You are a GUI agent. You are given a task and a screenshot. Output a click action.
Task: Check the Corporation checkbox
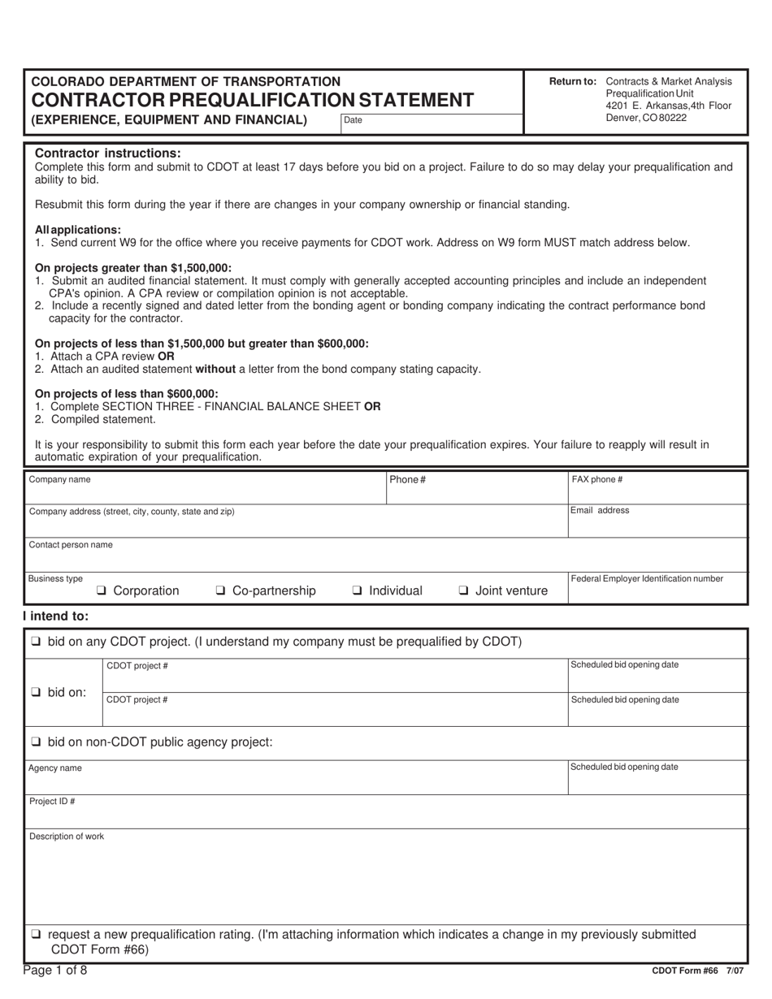click(x=102, y=591)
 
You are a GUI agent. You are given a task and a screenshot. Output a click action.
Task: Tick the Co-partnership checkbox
click(x=220, y=591)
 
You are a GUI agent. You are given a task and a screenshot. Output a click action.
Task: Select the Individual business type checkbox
click(x=357, y=591)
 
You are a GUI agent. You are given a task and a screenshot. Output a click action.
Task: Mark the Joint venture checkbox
click(x=463, y=591)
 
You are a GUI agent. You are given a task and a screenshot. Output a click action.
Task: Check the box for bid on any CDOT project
click(x=36, y=642)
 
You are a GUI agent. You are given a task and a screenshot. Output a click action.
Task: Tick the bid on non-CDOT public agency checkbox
click(x=36, y=742)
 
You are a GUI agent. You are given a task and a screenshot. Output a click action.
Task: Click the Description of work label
click(x=67, y=837)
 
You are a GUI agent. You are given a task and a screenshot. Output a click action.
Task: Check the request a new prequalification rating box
click(x=36, y=935)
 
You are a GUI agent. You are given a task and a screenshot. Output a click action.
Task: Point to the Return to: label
click(x=573, y=81)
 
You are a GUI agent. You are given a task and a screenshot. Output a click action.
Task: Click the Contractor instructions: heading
click(x=108, y=154)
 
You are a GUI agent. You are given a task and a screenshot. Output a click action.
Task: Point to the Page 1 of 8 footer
click(x=55, y=970)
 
